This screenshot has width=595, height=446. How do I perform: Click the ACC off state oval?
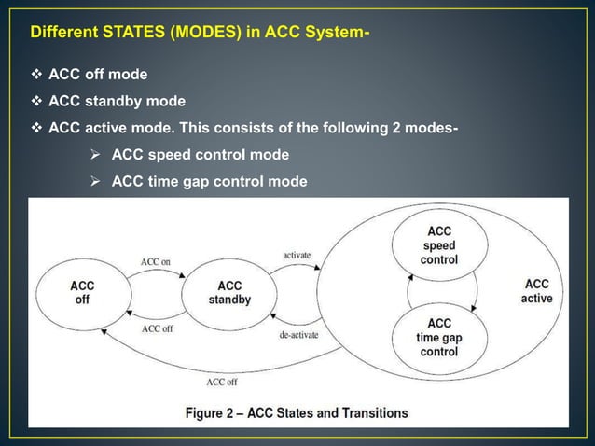coord(82,292)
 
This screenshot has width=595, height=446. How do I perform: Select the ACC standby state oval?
coord(229,292)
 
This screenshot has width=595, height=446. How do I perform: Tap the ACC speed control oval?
coord(438,244)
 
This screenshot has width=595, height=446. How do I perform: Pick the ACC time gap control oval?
coord(438,338)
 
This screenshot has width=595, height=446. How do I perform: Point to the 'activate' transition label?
coord(297,254)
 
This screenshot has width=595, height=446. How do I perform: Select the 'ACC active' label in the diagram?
coord(536,291)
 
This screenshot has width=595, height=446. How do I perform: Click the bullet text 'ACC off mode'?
coord(97,74)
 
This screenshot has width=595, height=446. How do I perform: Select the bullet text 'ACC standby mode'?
coord(117,101)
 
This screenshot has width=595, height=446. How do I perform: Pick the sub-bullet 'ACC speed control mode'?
coord(200,154)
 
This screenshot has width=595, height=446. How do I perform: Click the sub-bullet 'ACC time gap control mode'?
coord(209,181)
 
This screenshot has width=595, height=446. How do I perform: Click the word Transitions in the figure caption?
coord(370,412)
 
